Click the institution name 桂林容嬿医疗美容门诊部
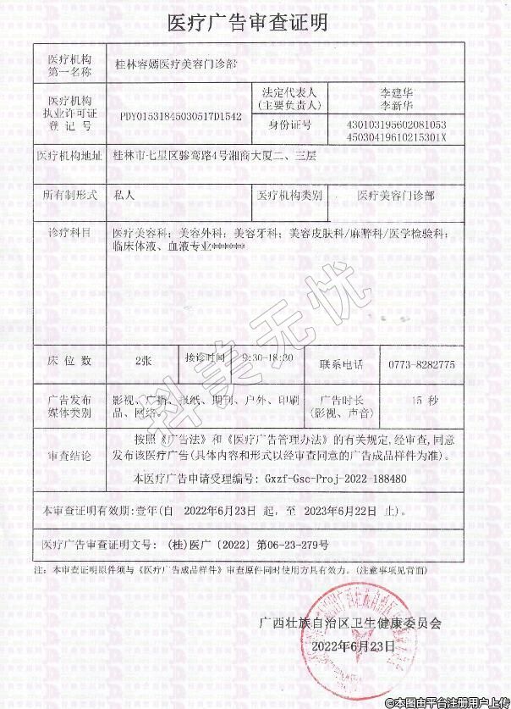click(176, 63)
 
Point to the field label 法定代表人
click(290, 92)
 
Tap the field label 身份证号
click(290, 125)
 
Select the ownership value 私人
click(124, 194)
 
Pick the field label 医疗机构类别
click(289, 195)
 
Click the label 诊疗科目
click(69, 231)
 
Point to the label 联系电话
click(341, 363)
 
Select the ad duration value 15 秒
click(423, 399)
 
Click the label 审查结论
click(69, 455)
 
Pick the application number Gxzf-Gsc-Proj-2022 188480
click(335, 479)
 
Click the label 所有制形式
click(69, 194)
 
